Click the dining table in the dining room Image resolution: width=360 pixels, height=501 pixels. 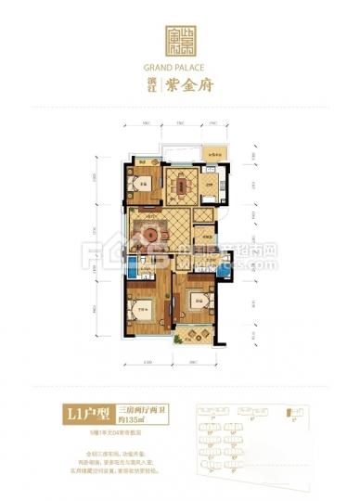tap(179, 183)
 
